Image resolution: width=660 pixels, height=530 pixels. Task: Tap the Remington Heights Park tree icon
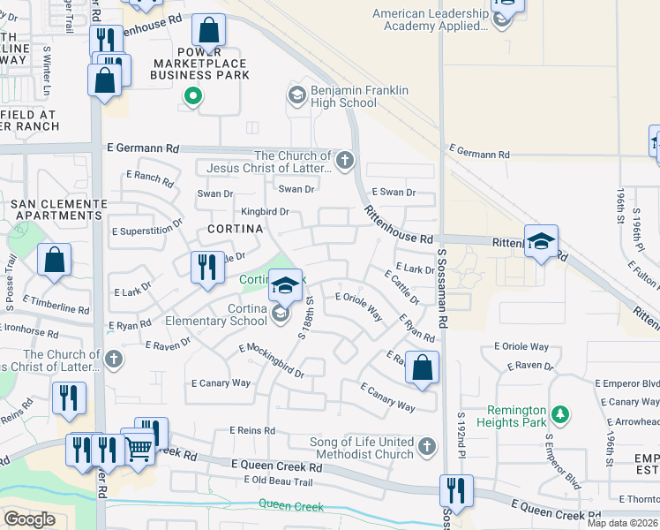pyautogui.click(x=559, y=413)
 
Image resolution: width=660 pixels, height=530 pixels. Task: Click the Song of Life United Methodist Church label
pyautogui.click(x=361, y=448)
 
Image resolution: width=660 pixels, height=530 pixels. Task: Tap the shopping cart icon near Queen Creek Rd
pyautogui.click(x=138, y=449)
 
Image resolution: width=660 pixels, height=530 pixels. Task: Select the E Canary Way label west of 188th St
pyautogui.click(x=221, y=383)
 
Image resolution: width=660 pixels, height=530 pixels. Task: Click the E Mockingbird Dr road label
pyautogui.click(x=271, y=360)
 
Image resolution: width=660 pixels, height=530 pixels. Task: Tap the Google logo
pyautogui.click(x=29, y=519)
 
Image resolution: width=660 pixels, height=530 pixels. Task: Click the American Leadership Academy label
pyautogui.click(x=430, y=19)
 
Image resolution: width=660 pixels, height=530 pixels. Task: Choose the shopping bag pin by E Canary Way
pyautogui.click(x=423, y=368)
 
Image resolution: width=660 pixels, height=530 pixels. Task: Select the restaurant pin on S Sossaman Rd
pyautogui.click(x=455, y=490)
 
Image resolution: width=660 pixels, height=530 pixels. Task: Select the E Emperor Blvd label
pyautogui.click(x=627, y=383)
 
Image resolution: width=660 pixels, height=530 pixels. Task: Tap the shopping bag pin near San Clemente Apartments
pyautogui.click(x=55, y=261)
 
